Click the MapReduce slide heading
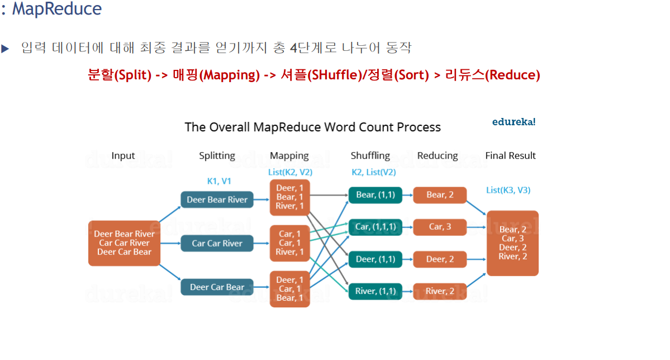56,9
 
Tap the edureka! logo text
514,121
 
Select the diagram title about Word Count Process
312,127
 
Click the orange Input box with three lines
124,243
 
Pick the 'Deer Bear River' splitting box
217,200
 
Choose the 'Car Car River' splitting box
217,243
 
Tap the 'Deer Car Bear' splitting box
217,287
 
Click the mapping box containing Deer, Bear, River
289,197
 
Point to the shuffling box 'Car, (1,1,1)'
376,227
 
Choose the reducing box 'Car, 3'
440,227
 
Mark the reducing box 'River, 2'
440,291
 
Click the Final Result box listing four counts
512,243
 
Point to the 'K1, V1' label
219,181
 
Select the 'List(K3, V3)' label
508,190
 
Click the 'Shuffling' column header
370,156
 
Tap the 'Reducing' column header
437,156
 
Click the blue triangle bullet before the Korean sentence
6,49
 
